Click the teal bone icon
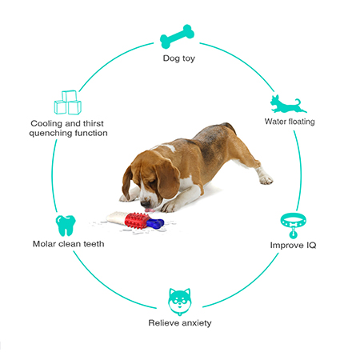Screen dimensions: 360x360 pos(177,37)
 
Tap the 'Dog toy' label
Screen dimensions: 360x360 pos(179,58)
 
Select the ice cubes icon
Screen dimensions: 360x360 pos(68,102)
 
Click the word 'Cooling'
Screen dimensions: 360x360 pos(46,123)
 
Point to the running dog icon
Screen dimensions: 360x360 pos(288,104)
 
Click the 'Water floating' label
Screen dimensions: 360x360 pos(290,122)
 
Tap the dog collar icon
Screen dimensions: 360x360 pos(293,226)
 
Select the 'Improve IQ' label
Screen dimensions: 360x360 pos(293,245)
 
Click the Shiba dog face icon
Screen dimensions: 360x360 pos(180,302)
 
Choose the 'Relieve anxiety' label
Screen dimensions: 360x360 pos(180,323)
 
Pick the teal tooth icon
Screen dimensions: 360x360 pos(66,226)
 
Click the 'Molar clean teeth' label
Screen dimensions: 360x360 pos(68,244)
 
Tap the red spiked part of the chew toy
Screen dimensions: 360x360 pos(137,221)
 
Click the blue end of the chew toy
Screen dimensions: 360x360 pos(155,223)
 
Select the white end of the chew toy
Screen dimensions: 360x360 pos(117,218)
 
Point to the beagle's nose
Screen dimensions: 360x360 pos(145,205)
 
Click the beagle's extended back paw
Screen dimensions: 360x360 pos(266,180)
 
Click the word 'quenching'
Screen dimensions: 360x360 pos(50,133)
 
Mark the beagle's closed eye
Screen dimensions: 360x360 pos(152,182)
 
